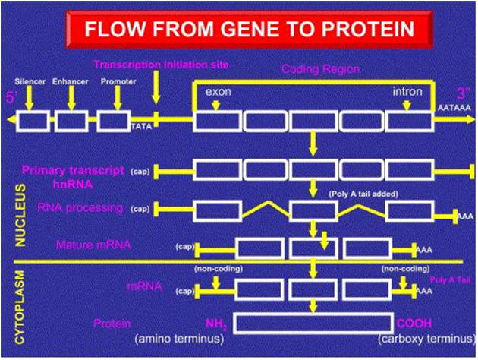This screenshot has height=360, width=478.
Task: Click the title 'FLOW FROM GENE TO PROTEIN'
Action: [x=250, y=30]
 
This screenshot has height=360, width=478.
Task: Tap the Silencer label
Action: [x=29, y=80]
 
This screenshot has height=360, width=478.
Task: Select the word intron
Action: [x=407, y=91]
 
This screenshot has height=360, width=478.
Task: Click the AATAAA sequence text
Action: [x=455, y=109]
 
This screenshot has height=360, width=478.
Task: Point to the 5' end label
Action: [x=11, y=97]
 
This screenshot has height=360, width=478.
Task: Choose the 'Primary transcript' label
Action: [x=73, y=170]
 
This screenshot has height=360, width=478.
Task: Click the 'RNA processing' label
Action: [x=90, y=207]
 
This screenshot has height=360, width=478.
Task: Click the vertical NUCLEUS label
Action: [x=21, y=216]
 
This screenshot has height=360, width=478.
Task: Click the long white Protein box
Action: [x=311, y=323]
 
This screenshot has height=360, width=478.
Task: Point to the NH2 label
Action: [x=217, y=323]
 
